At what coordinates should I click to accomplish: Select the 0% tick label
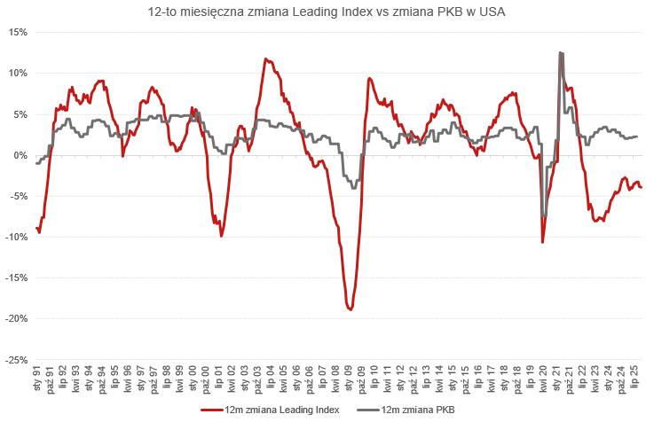coord(19,155)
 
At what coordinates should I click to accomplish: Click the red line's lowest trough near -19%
coord(351,309)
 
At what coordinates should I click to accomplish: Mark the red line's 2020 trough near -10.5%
coord(542,241)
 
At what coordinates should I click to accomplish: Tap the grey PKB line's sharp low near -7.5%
coord(544,216)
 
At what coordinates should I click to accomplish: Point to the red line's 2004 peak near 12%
coord(265,59)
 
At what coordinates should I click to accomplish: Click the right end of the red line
coord(641,186)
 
